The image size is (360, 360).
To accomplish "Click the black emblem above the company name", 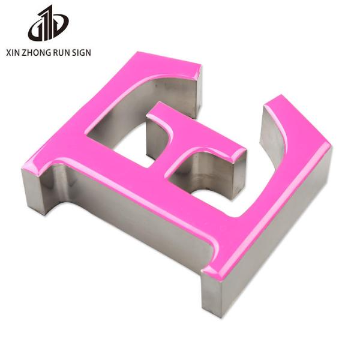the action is [x=48, y=23].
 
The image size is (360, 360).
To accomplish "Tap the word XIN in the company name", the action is [x=13, y=53].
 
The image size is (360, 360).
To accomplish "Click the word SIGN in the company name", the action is [x=82, y=53].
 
